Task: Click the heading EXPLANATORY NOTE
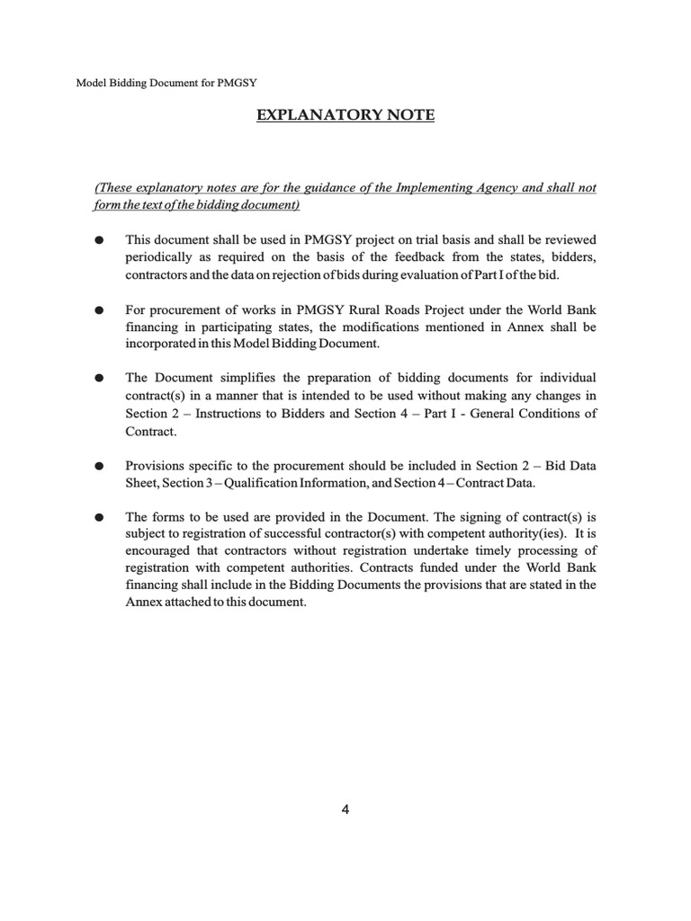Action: click(346, 115)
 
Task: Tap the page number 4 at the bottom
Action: click(345, 809)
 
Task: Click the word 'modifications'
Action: click(414, 326)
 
